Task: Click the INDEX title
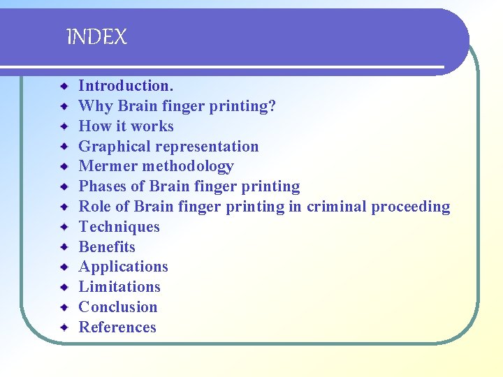pos(96,37)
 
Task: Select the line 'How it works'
pos(126,126)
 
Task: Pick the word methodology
pos(187,166)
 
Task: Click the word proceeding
pos(411,207)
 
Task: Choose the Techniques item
pos(119,227)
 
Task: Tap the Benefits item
pos(107,247)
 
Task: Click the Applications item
pos(123,267)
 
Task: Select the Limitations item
pos(119,287)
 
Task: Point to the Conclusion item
pos(118,307)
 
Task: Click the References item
pos(117,327)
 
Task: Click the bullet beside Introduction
pos(64,86)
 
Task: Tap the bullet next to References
pos(64,327)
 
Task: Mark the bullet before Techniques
pos(64,227)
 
